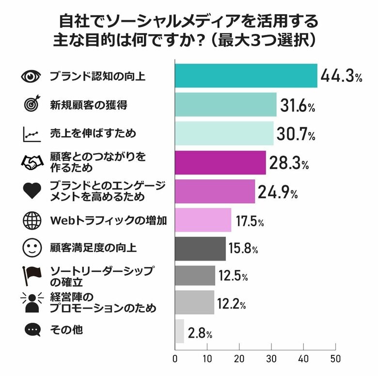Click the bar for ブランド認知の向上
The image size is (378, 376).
click(x=246, y=76)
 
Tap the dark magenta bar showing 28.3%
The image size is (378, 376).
click(x=220, y=163)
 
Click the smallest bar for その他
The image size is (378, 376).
click(x=179, y=331)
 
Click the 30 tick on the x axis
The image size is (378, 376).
click(x=271, y=359)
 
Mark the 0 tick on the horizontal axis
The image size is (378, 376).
click(x=175, y=359)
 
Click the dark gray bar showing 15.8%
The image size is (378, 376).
click(x=200, y=249)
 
